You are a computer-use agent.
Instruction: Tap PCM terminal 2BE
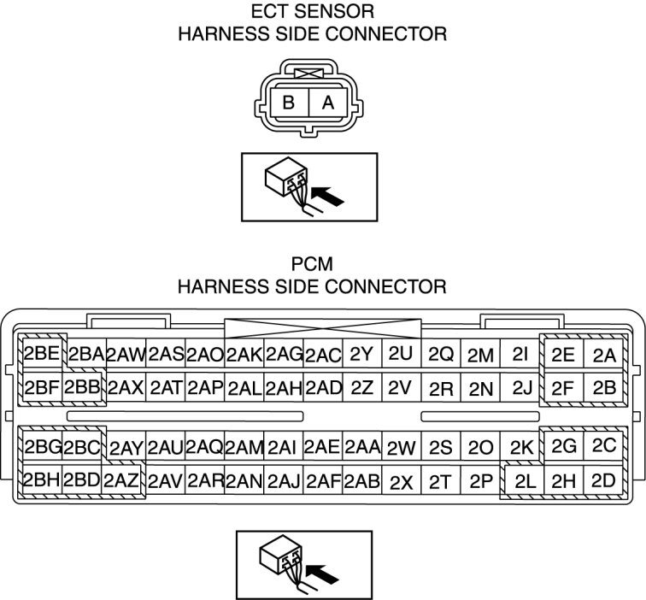(40, 354)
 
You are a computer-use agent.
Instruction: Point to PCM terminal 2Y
(361, 354)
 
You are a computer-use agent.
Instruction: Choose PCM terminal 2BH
(41, 479)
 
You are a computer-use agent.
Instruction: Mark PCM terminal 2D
(603, 480)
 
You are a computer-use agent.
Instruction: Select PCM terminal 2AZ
(121, 479)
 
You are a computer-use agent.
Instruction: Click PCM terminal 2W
(400, 447)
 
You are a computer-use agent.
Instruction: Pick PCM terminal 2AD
(323, 387)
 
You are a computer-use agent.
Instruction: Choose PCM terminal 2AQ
(204, 446)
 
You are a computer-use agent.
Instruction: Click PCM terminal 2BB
(82, 386)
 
